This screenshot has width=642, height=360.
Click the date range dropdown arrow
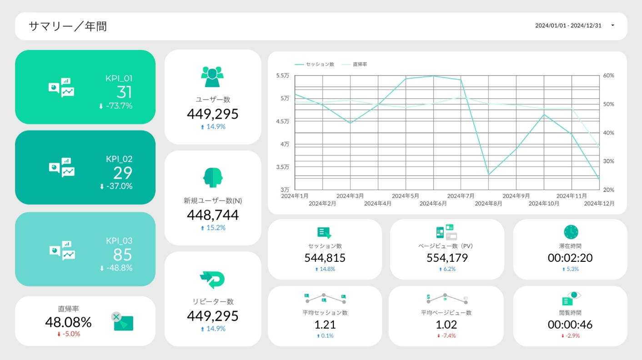point(612,25)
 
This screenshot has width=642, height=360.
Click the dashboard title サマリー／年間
point(68,26)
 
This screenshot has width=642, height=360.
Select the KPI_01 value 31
point(124,92)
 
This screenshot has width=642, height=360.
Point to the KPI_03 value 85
point(122,255)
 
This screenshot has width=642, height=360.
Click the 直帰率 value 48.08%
point(68,322)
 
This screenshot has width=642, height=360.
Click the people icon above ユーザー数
point(212,77)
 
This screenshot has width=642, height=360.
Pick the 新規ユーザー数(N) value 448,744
point(212,215)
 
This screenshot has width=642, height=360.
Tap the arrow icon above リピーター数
point(212,279)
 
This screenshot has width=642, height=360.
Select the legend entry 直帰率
point(360,65)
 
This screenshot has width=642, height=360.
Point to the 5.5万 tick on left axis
point(282,75)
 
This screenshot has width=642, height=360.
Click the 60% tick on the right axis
point(608,75)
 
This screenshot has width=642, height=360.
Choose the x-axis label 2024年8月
point(488,204)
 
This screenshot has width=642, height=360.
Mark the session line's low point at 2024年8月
point(489,175)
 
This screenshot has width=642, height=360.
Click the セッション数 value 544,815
point(325,258)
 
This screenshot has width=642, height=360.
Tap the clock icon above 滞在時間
point(571,232)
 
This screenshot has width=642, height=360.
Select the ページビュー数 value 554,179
point(447,258)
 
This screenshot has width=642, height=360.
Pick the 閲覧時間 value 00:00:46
point(570,325)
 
